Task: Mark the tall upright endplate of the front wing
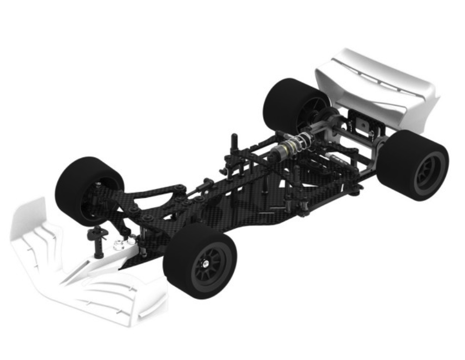[x=29, y=220]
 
